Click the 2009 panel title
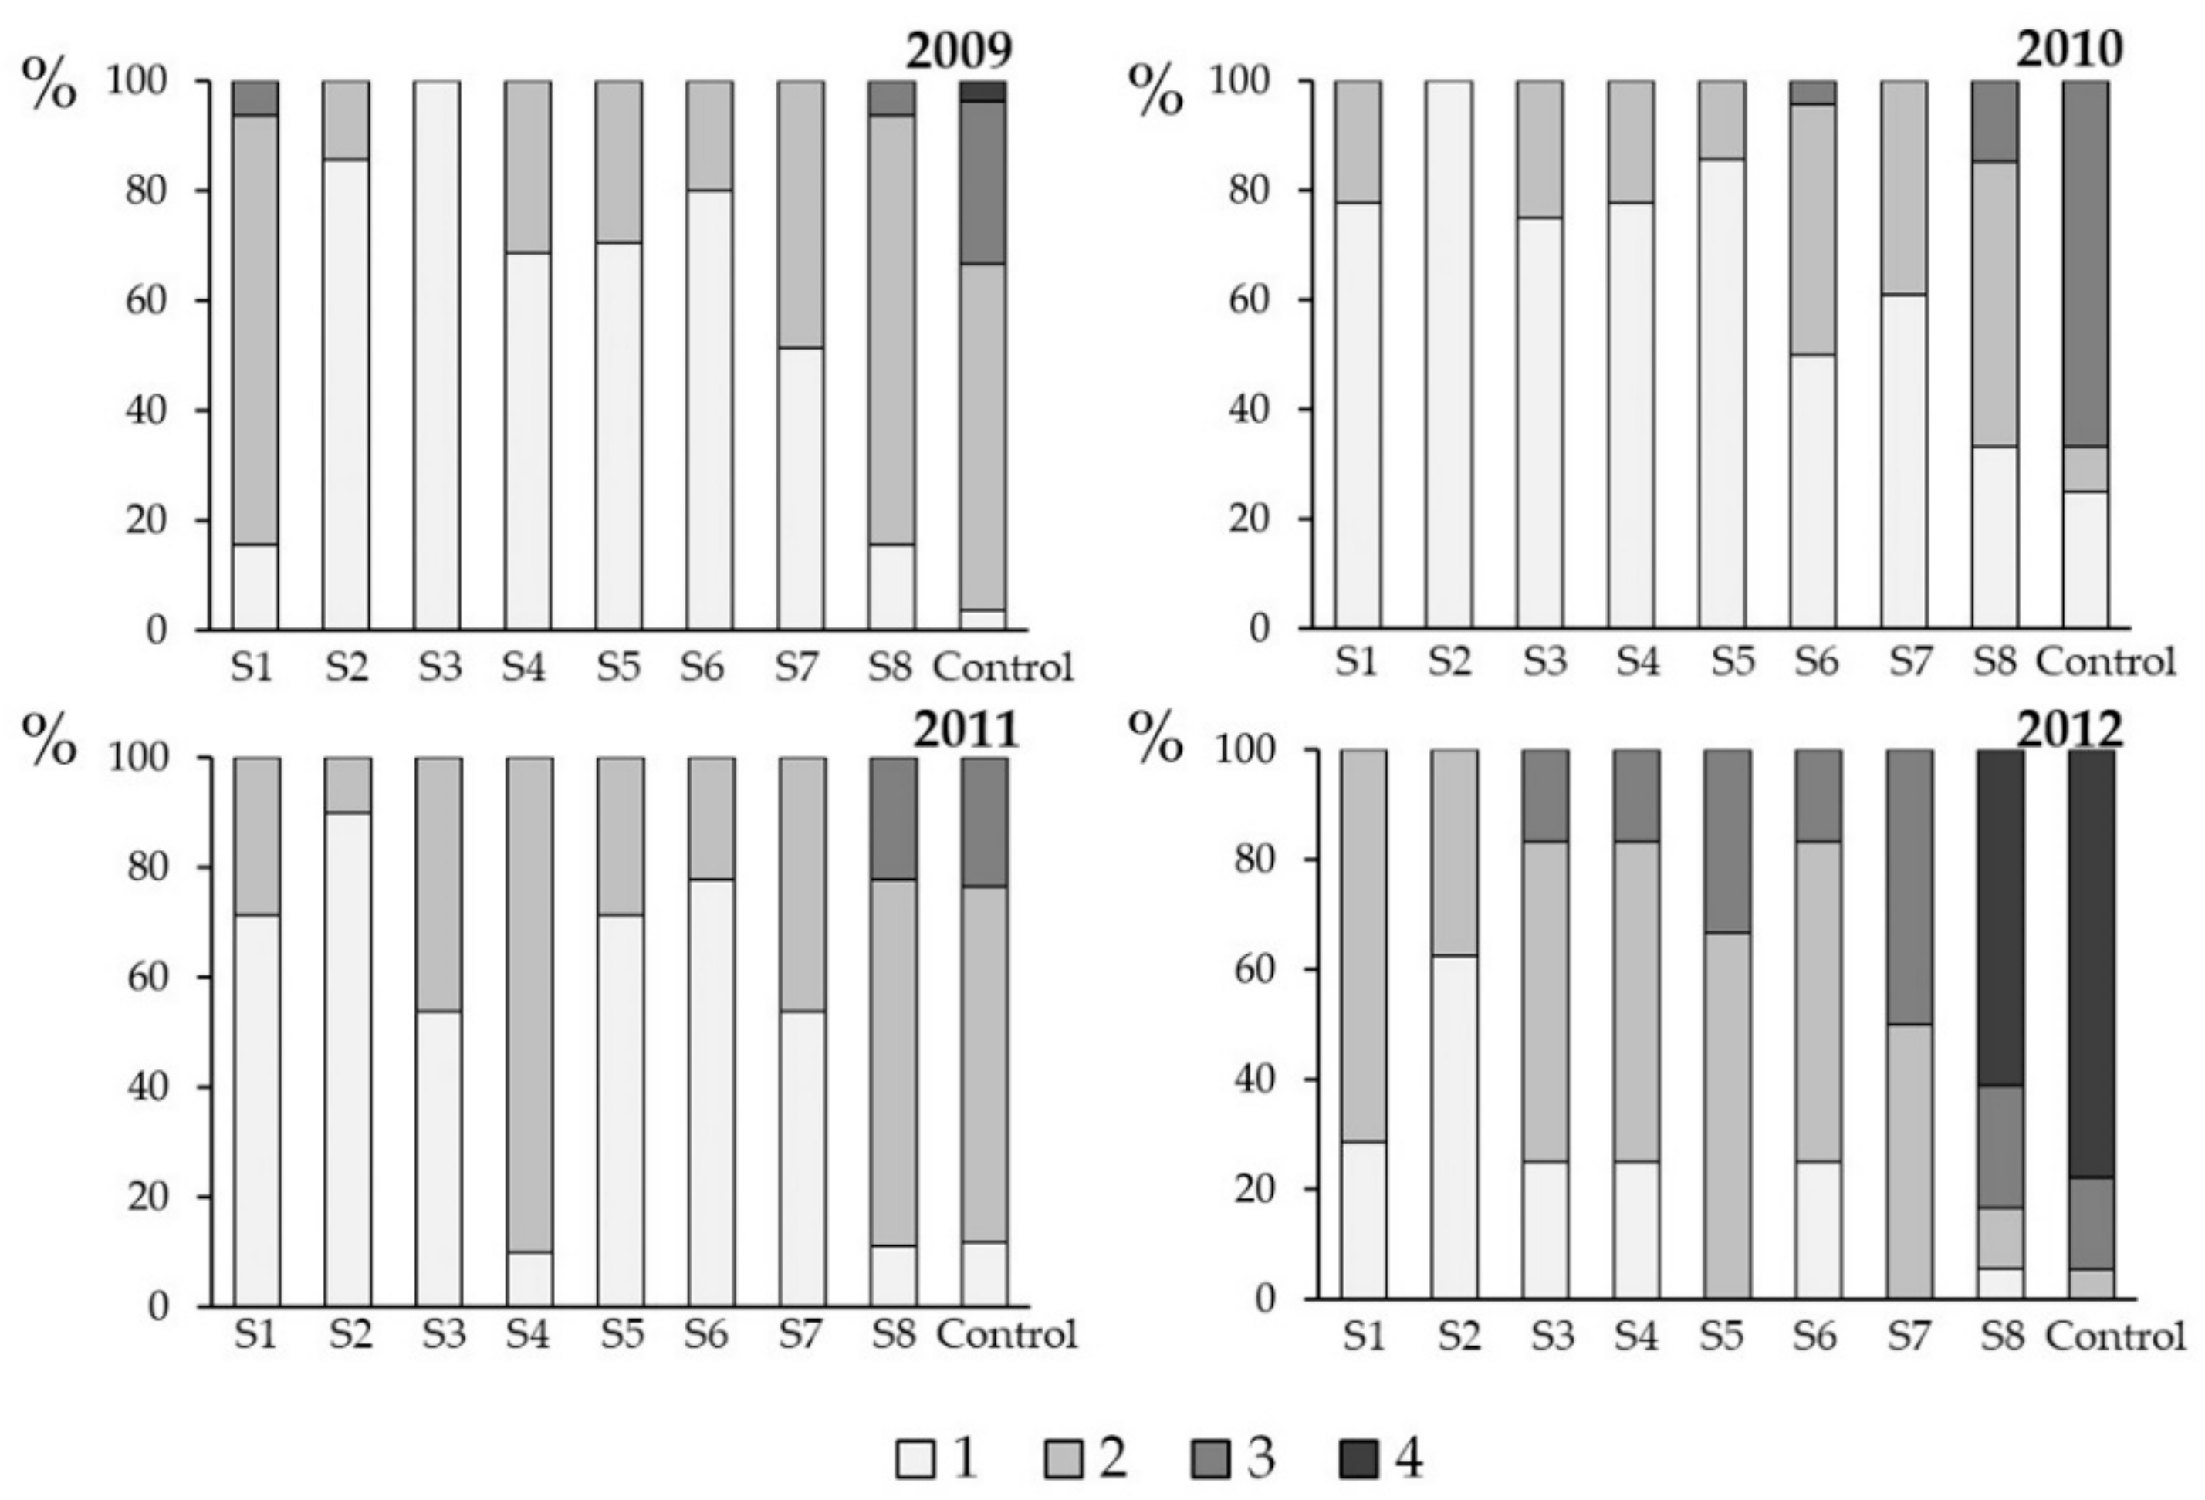(x=959, y=51)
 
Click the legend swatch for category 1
(x=915, y=1459)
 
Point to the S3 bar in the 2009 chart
(x=438, y=356)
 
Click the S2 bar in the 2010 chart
(x=1449, y=356)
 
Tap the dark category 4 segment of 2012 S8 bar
(x=2001, y=917)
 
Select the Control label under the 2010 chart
(x=2105, y=662)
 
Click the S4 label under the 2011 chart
(x=528, y=1334)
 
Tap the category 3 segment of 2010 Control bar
(x=2085, y=264)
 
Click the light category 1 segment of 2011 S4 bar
(x=529, y=1279)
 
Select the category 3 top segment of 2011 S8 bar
(x=894, y=818)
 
